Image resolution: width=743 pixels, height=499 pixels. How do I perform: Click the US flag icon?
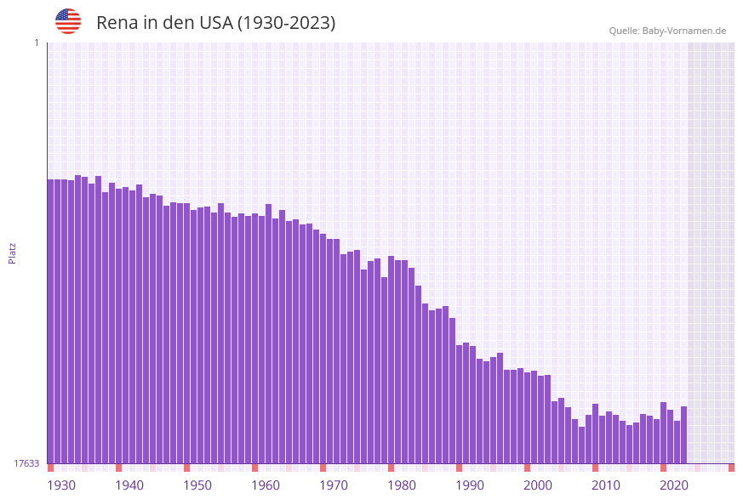(x=68, y=21)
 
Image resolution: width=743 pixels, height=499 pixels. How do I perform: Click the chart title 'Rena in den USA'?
(x=215, y=23)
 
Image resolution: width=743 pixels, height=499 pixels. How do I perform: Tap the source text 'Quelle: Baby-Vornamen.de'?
(x=667, y=31)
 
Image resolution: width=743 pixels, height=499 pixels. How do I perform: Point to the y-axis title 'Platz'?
(x=13, y=252)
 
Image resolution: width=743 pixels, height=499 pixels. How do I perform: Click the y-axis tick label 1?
(x=36, y=43)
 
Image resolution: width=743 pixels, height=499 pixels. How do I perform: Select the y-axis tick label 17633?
(x=26, y=463)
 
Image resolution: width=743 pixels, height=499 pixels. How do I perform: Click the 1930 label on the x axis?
(x=61, y=485)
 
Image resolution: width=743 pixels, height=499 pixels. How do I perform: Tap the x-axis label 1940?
(x=129, y=485)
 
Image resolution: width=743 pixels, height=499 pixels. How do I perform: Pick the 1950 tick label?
(x=197, y=485)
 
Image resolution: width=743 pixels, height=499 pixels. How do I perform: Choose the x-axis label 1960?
(x=266, y=485)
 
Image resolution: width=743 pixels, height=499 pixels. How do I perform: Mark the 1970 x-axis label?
(x=334, y=485)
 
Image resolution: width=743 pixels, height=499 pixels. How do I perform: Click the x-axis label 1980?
(x=402, y=485)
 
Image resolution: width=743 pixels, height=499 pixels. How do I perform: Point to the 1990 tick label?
(x=470, y=485)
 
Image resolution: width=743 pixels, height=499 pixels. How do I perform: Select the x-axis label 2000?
(x=538, y=485)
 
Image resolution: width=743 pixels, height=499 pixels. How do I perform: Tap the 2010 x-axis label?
(x=606, y=485)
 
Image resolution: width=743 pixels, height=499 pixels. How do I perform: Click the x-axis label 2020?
(x=674, y=485)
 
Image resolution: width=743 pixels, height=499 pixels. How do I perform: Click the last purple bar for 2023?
(x=683, y=434)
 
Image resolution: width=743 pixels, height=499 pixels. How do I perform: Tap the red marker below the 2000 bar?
(x=528, y=468)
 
